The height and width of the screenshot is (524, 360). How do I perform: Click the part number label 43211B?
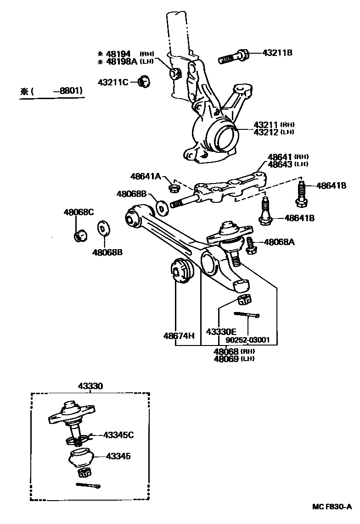[277, 53]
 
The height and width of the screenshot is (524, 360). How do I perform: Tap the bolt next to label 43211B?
[235, 57]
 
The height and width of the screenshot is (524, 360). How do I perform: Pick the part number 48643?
[281, 164]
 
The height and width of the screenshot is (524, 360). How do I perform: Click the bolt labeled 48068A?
[250, 245]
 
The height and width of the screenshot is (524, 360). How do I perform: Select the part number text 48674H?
[179, 336]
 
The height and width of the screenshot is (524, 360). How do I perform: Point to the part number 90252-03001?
[247, 340]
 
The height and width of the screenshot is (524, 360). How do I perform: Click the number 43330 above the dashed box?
[90, 386]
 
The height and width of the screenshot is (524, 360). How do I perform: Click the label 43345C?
[118, 435]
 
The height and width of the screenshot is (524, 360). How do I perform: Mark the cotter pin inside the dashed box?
[87, 485]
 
